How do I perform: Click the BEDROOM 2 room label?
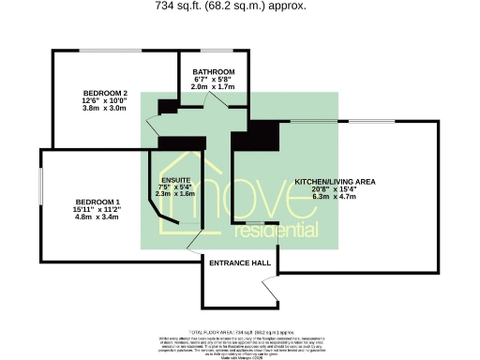pyautogui.click(x=104, y=93)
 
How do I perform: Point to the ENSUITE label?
pyautogui.click(x=176, y=179)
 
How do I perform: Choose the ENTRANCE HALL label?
pyautogui.click(x=239, y=263)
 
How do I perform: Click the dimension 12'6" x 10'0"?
pyautogui.click(x=104, y=100)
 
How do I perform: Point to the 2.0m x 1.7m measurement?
pyautogui.click(x=213, y=86)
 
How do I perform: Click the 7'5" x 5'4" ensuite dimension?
pyautogui.click(x=176, y=187)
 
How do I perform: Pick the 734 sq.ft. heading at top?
pyautogui.click(x=240, y=6)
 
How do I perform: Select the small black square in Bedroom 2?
pyautogui.click(x=168, y=106)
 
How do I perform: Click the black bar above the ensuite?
pyautogui.click(x=182, y=143)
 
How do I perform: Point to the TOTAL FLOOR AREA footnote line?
pyautogui.click(x=240, y=333)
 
